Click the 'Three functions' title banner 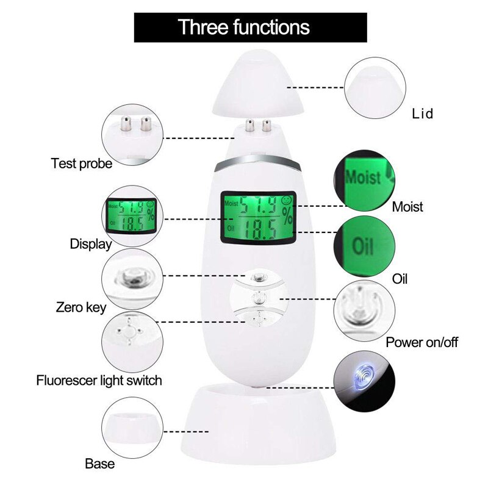(x=243, y=27)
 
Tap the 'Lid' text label (x=422, y=114)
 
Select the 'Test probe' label (x=82, y=163)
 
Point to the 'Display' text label (x=90, y=244)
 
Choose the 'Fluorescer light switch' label (x=98, y=381)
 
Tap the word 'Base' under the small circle (x=100, y=464)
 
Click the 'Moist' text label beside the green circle (x=407, y=207)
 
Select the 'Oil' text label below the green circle (x=400, y=279)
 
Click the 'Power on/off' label (x=422, y=342)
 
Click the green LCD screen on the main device (x=256, y=217)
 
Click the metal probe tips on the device (x=257, y=127)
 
